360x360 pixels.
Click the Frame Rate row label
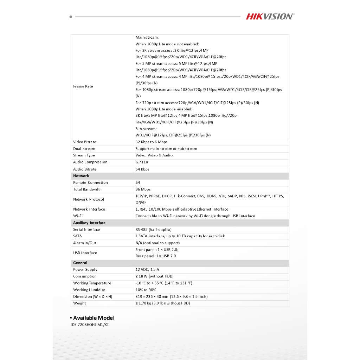pos(83,86)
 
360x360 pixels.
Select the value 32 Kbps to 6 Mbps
pos(152,142)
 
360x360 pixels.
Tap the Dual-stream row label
pos(84,149)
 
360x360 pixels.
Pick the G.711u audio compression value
pos(142,162)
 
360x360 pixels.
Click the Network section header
pos(81,176)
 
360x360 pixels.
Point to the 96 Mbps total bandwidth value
pos(143,189)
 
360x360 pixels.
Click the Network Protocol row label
pos(89,199)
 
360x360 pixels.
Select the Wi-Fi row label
pos(78,216)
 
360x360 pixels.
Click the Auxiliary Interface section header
pos(89,223)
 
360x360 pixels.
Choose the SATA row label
pos(77,236)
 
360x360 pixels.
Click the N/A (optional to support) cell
pos(157,243)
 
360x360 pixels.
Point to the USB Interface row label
pos(85,253)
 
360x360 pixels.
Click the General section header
pos(80,263)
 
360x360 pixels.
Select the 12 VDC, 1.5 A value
pos(147,270)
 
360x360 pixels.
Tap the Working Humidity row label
pos(89,290)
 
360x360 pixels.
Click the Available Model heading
pos(94,318)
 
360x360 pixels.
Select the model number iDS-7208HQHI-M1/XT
pos(90,325)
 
